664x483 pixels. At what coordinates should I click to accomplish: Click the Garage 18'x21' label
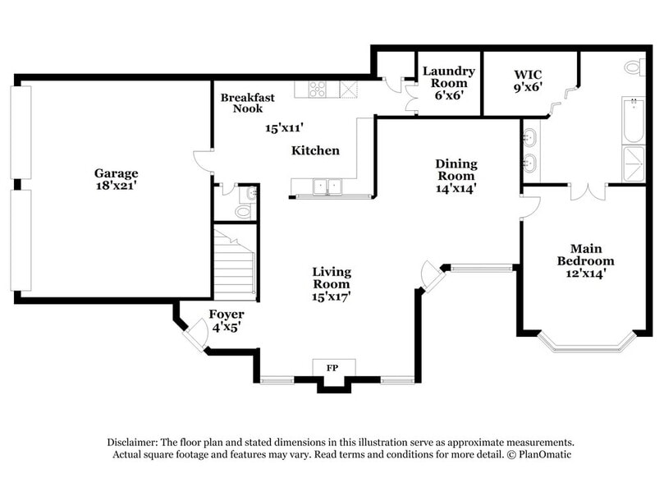(116, 179)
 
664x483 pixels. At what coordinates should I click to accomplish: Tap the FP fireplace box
(333, 368)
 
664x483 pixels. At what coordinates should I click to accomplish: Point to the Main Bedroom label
(580, 260)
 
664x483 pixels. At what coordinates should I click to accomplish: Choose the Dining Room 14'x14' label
(456, 176)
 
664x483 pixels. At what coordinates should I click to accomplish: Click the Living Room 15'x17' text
(332, 284)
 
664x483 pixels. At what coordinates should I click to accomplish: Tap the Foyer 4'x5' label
(225, 320)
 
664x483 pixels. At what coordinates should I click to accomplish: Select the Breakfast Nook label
(247, 103)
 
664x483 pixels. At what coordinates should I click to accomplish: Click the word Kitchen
(316, 151)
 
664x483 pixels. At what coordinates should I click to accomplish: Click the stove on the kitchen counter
(317, 90)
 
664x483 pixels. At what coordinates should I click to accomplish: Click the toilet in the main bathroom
(634, 67)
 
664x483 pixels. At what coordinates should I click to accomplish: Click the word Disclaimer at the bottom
(135, 441)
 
